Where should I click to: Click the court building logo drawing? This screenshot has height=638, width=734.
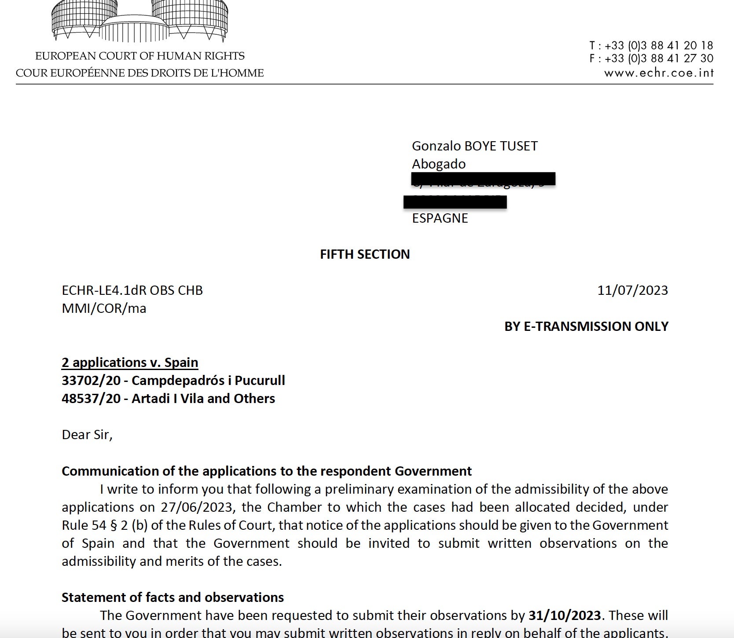coord(140,21)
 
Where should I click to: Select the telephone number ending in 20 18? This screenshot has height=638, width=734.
coord(658,45)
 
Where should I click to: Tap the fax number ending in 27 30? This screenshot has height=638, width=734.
coord(658,59)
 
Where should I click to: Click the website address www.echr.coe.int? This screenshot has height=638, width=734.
coord(658,73)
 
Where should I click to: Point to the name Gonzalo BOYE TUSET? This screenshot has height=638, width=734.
coord(474,146)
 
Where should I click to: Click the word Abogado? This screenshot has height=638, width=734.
coord(438,164)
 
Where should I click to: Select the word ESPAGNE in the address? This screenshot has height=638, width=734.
coord(440,218)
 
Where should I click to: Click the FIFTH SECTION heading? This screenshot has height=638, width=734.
coord(365,254)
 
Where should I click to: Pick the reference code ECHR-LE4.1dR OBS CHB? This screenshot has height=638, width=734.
coord(132,290)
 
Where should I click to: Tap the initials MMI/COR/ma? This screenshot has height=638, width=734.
coord(104,308)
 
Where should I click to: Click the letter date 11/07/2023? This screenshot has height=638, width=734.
coord(632,290)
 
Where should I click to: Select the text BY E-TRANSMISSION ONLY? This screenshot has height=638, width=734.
coord(586,326)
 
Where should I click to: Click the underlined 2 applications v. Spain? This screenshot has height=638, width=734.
coord(130,363)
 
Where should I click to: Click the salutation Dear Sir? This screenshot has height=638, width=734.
coord(87,435)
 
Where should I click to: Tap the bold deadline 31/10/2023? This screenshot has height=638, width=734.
coord(565,615)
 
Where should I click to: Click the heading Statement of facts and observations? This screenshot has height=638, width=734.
coord(172,598)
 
